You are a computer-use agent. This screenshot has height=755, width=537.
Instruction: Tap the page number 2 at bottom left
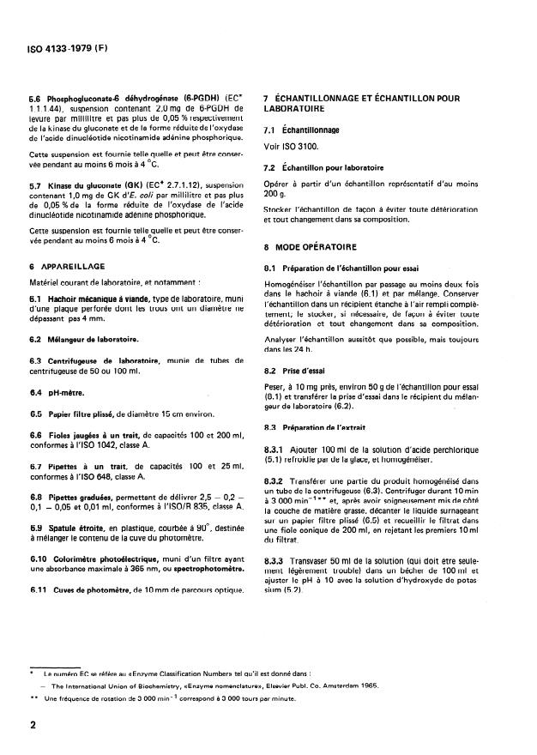tap(33, 726)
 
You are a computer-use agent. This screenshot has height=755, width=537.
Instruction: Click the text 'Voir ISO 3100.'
tap(293, 146)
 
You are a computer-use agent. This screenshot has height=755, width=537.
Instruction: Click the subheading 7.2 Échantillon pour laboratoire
tap(323, 168)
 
